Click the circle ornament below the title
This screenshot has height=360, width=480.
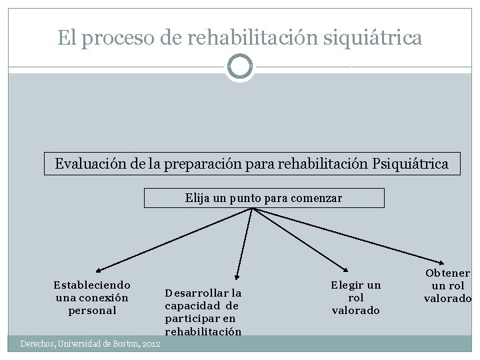(x=240, y=67)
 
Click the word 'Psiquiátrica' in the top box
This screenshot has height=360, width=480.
(x=410, y=163)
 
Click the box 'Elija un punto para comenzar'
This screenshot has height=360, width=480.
(x=264, y=198)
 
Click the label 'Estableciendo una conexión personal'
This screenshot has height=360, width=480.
(x=92, y=297)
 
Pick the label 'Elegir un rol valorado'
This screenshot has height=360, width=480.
(x=356, y=297)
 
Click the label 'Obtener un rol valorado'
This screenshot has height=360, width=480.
(x=447, y=286)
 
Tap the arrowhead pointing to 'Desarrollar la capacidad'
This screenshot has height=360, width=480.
(x=237, y=275)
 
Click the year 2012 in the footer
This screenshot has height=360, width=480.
(x=150, y=344)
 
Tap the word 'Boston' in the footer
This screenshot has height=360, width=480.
(x=122, y=344)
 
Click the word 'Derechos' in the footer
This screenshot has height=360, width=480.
(x=38, y=344)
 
